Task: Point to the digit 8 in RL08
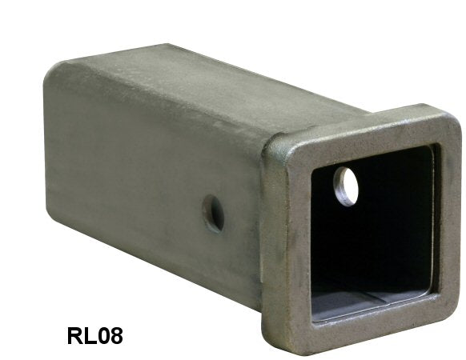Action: [116, 335]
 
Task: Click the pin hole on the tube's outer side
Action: [213, 214]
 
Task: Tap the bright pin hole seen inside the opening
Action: [346, 186]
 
